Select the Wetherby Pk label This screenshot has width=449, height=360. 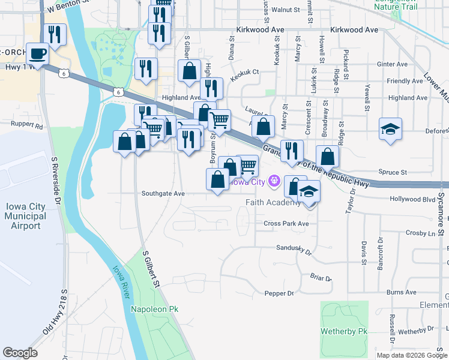point(345,331)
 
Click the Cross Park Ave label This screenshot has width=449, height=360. point(286,224)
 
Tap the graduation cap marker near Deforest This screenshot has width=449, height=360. point(390,129)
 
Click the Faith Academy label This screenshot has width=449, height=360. point(273,202)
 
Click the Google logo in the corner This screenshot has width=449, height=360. point(20,353)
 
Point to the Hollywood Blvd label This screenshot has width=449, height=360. point(412,199)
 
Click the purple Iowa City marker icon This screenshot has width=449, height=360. point(274,180)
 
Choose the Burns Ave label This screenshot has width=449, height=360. point(402,292)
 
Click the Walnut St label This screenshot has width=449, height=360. point(285,10)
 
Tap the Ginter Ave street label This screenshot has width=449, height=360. point(393,64)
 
